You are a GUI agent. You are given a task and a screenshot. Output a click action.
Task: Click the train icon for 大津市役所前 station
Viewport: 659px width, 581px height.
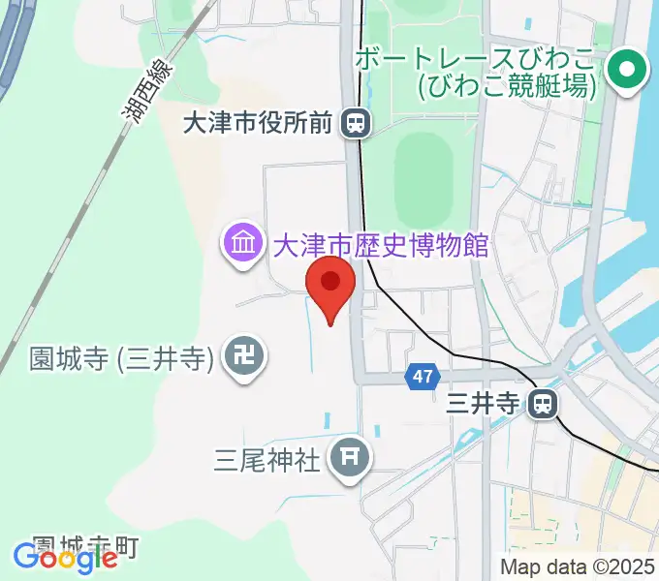tap(357, 122)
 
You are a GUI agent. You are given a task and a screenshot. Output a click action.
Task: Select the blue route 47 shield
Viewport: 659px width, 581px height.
tap(421, 378)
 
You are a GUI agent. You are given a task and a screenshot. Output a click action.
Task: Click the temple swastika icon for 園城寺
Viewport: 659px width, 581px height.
tap(241, 358)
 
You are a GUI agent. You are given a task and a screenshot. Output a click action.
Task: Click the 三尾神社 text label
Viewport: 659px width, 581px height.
tap(267, 458)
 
